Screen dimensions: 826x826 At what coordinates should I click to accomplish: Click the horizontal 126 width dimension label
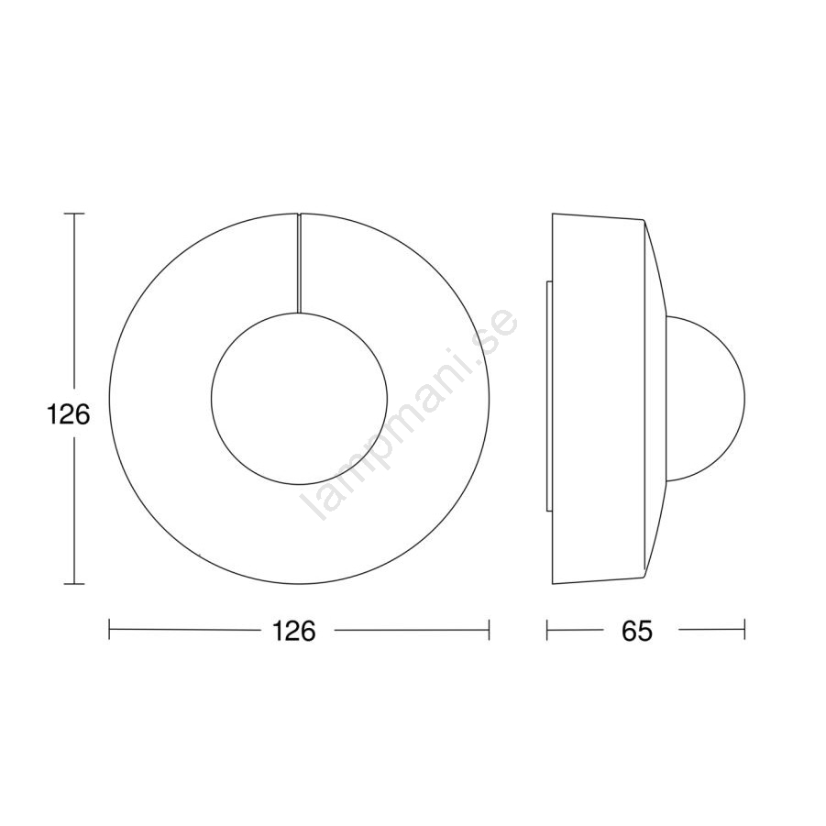[293, 630]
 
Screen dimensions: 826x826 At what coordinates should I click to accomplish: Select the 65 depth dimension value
[637, 630]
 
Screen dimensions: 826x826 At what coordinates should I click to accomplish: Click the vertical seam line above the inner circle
[299, 263]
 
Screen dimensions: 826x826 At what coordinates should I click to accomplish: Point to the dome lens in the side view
[745, 399]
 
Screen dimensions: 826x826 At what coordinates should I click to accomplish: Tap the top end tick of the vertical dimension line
[73, 214]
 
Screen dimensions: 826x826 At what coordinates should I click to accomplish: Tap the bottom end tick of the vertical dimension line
[73, 584]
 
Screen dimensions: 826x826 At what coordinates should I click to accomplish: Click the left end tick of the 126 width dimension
[109, 630]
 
